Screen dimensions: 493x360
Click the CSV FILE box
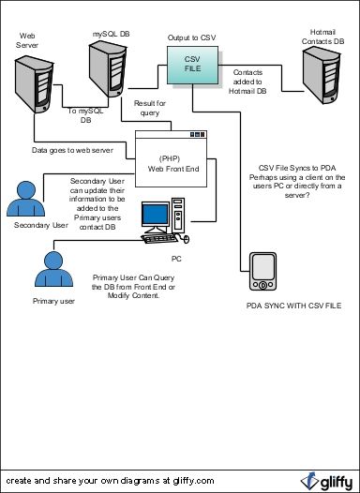[x=191, y=66]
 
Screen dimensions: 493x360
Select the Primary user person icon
[x=54, y=271]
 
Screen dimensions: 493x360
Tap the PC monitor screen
[x=157, y=217]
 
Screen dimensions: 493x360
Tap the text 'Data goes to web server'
[x=73, y=148]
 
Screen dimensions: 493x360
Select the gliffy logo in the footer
[x=325, y=480]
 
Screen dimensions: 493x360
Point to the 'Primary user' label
[x=53, y=301]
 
